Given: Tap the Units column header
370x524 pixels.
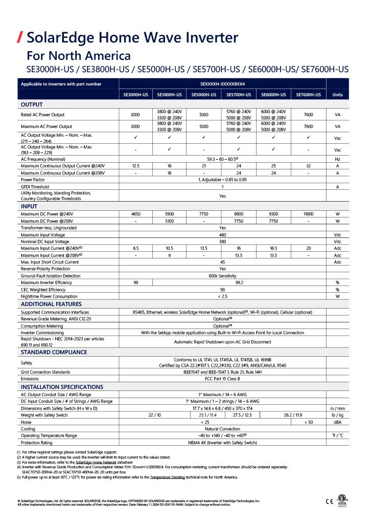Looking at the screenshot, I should pyautogui.click(x=337, y=95).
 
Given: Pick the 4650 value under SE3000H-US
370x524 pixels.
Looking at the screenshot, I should pyautogui.click(x=135, y=213).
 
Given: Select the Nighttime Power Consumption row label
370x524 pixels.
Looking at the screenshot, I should pyautogui.click(x=49, y=296).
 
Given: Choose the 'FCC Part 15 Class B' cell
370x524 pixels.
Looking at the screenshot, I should pyautogui.click(x=222, y=379).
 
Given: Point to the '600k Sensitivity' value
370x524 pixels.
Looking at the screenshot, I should pyautogui.click(x=222, y=275).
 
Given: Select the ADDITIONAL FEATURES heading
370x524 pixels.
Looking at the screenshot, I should pyautogui.click(x=51, y=304).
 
